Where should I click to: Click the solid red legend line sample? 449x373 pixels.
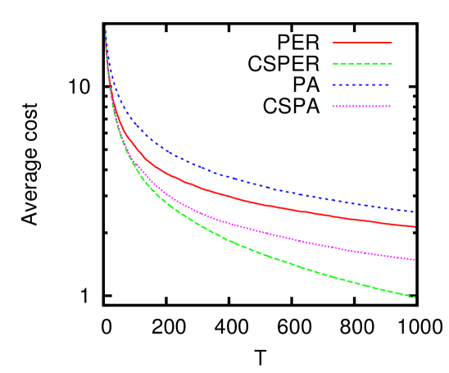coord(362,43)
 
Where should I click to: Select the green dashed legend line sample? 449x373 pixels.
coord(362,64)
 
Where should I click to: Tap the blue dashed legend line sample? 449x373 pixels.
coord(361,85)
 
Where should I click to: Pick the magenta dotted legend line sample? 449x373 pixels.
coord(362,107)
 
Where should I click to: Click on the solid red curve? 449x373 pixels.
coord(246,200)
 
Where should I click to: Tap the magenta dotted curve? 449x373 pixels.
coord(246,227)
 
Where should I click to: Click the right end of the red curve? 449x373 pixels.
coord(415,226)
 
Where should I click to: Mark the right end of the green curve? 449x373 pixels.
coord(415,297)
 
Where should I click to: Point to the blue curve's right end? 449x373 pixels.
coord(414,212)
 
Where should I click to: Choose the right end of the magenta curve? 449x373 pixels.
coord(415,260)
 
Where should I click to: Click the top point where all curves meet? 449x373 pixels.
coord(106,28)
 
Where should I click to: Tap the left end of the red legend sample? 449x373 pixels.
coord(333,43)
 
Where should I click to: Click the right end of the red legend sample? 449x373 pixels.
coord(392,43)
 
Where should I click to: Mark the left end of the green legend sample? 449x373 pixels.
coord(333,64)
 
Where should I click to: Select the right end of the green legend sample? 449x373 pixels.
coord(392,64)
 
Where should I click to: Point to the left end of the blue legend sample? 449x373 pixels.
coord(333,85)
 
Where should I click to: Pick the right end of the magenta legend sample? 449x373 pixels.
coord(391,107)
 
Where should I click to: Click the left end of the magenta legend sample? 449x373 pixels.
coord(333,107)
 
